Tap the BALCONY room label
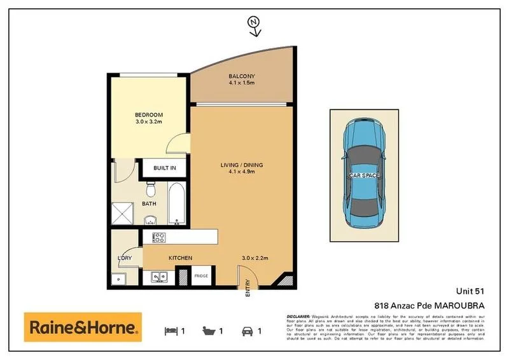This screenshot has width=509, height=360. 241,76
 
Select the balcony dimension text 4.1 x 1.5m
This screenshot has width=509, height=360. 241,83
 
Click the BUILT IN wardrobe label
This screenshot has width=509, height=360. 164,169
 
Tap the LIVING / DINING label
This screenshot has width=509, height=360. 241,165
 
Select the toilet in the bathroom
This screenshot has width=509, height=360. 151,190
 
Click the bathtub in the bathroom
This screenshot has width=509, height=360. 176,204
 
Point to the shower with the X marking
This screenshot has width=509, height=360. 123,213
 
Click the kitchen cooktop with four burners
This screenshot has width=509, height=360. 159,239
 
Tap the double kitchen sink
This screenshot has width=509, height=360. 160,277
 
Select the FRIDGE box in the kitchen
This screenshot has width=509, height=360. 201,276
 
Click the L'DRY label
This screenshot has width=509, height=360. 124,258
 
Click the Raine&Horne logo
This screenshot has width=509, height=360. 83,328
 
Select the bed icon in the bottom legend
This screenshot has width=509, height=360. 170,331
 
